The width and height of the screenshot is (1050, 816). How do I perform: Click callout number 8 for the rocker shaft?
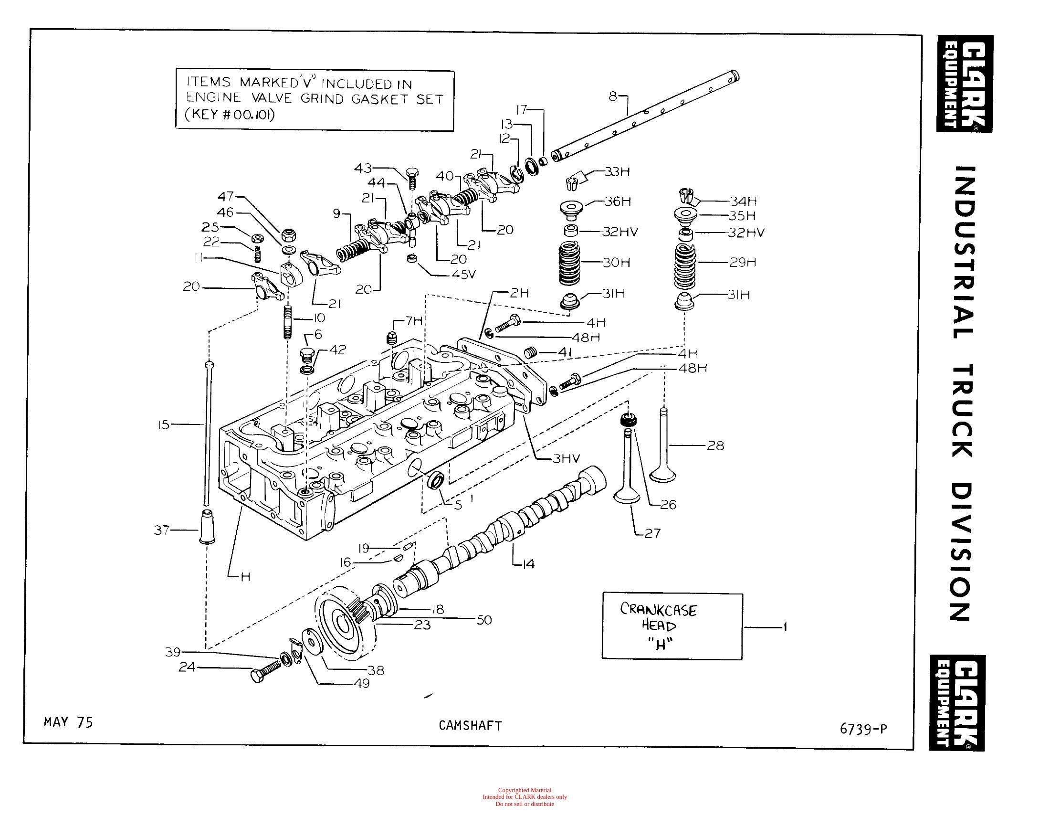612,96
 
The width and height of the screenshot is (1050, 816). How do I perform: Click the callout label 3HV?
567,459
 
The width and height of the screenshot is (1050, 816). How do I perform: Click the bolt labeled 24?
266,671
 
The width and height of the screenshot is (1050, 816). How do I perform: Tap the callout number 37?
161,530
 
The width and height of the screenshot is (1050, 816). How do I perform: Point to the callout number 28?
715,446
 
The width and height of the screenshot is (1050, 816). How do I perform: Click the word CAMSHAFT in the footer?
470,726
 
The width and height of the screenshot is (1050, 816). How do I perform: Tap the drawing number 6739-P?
863,729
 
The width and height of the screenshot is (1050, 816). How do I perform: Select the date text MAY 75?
68,722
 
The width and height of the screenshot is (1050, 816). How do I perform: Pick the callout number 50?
484,620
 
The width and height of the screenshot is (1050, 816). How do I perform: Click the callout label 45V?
463,274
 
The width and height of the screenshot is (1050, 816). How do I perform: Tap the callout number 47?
225,196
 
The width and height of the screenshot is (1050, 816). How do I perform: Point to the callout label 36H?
617,201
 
